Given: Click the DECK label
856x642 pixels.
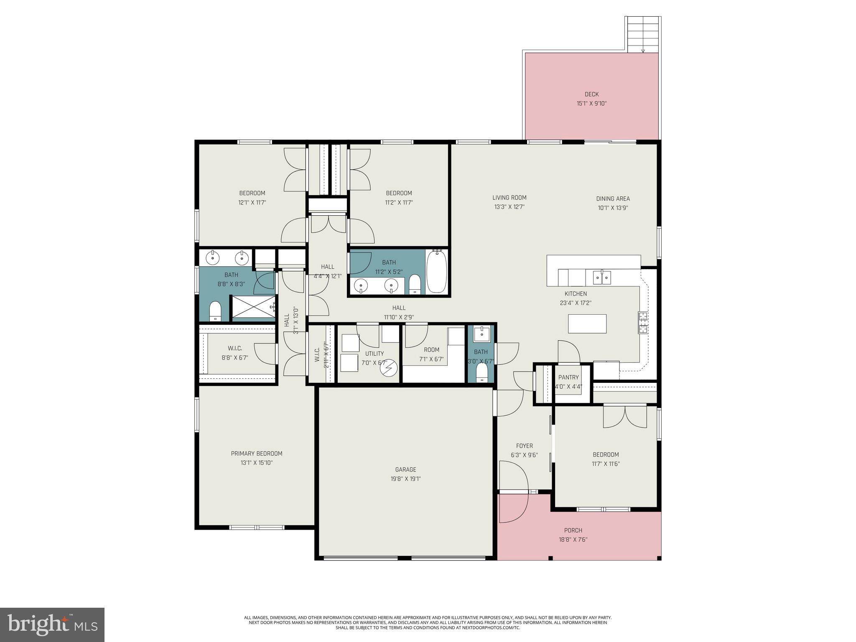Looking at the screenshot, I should point(591,94).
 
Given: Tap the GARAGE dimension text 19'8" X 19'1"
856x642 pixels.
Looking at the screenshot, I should point(403,479).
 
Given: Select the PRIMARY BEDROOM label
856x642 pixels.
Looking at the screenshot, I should point(257,453).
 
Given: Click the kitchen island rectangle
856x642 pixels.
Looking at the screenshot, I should point(587,324).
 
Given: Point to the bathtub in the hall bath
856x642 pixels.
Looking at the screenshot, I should point(437,271).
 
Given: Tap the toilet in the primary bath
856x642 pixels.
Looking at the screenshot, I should point(215,311).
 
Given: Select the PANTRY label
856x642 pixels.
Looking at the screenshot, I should point(568,377).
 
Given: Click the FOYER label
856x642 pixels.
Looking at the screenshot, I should point(524,446).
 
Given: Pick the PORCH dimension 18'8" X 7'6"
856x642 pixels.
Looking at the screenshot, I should point(573,540).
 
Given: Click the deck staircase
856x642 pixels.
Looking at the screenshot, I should point(643,35).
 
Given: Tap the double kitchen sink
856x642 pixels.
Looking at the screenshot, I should point(602,277).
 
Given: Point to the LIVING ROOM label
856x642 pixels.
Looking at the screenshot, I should point(509,198).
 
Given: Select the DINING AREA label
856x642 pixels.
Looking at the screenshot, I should point(613,199).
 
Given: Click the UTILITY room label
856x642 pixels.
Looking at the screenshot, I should point(374,354).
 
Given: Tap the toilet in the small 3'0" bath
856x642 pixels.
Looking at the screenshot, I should point(482,372).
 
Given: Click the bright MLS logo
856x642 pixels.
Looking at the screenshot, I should point(52,625).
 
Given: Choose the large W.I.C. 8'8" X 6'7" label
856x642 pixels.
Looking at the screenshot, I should point(235,348).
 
